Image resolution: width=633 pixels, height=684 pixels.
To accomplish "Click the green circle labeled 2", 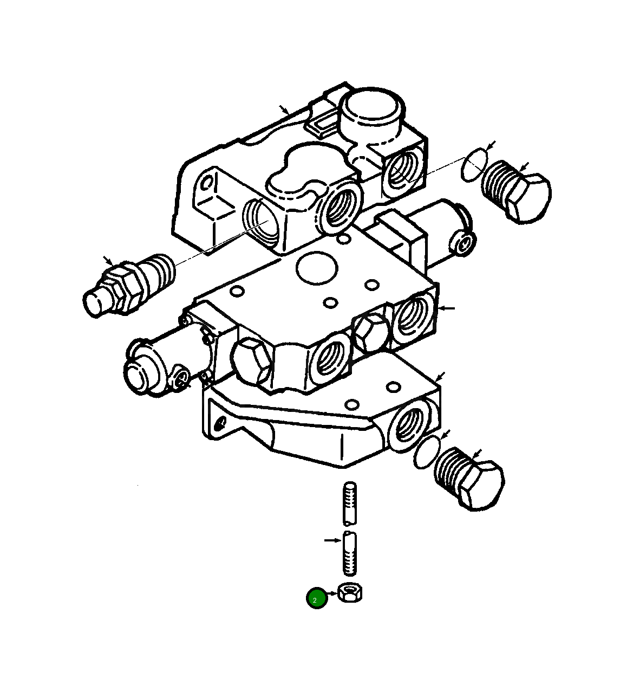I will pyautogui.click(x=317, y=598).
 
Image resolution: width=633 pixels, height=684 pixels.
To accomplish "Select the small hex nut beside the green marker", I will pyautogui.click(x=350, y=592).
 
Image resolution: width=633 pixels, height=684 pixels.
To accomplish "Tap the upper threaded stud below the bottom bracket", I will pyautogui.click(x=350, y=504).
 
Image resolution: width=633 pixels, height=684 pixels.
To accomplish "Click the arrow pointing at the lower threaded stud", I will pyautogui.click(x=331, y=540).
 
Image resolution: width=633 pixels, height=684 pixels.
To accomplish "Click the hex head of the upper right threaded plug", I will pyautogui.click(x=528, y=198).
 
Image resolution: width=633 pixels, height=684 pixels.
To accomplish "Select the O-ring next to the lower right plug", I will pyautogui.click(x=427, y=453).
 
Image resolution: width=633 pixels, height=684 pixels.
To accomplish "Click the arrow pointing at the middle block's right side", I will pyautogui.click(x=447, y=308).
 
